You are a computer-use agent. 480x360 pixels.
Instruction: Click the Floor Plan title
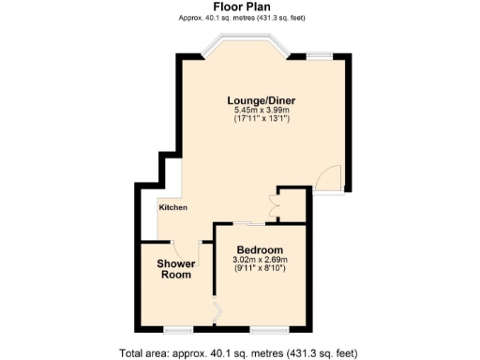click(x=240, y=7)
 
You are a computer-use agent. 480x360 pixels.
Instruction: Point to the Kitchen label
click(x=172, y=207)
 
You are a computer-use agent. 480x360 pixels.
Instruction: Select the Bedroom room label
click(x=260, y=249)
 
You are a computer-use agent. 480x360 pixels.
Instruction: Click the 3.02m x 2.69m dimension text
click(x=260, y=260)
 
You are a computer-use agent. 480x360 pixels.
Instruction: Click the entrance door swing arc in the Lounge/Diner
click(x=327, y=178)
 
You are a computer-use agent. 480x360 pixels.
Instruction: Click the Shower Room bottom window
click(x=178, y=329)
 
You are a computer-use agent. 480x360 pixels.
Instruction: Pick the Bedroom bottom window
click(x=268, y=329)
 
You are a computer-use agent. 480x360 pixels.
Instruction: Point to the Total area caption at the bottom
click(x=238, y=353)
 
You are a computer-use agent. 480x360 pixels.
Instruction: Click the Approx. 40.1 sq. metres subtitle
click(x=240, y=18)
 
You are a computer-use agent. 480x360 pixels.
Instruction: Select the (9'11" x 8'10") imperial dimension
click(x=260, y=269)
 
